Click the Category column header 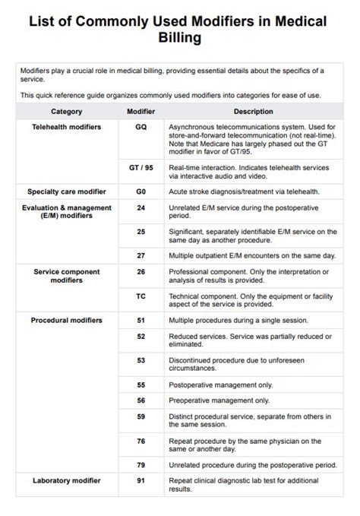66,111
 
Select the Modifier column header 141,111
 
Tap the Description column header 253,111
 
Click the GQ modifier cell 141,127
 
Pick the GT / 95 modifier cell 141,166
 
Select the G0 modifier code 141,191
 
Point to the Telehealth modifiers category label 66,127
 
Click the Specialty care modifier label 66,191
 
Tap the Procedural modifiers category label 66,320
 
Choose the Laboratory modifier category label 66,480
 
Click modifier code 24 141,207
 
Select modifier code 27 141,255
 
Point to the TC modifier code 141,296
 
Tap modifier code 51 141,320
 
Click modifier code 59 141,416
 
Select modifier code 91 141,480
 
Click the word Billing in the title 179,37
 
